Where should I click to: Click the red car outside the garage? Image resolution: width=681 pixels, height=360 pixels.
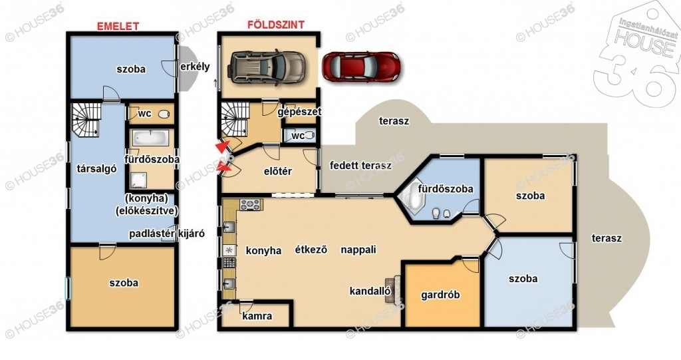[361, 67]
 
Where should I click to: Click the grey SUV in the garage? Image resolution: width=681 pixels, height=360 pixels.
[266, 67]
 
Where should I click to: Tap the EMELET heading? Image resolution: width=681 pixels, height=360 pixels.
[118, 26]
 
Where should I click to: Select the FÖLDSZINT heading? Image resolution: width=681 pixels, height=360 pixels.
[276, 25]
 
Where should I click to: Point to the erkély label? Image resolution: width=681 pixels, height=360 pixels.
[195, 67]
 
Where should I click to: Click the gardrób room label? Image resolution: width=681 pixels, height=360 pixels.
[440, 295]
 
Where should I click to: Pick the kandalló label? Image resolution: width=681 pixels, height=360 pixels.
[370, 291]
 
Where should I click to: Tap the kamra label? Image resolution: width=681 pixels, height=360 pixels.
[257, 316]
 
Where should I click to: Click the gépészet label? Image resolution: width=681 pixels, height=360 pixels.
[299, 112]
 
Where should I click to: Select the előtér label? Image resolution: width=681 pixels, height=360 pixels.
[278, 171]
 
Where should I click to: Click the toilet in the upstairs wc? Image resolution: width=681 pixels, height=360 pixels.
[164, 114]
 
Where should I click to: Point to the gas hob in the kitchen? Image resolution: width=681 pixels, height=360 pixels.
[251, 204]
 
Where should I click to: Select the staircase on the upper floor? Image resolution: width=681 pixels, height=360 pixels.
[86, 120]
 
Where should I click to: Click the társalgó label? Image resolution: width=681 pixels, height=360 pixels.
[96, 169]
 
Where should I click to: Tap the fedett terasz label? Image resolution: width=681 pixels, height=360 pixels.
[360, 165]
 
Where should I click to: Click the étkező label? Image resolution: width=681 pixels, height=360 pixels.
[311, 250]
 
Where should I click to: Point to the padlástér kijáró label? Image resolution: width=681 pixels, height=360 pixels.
[167, 234]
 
